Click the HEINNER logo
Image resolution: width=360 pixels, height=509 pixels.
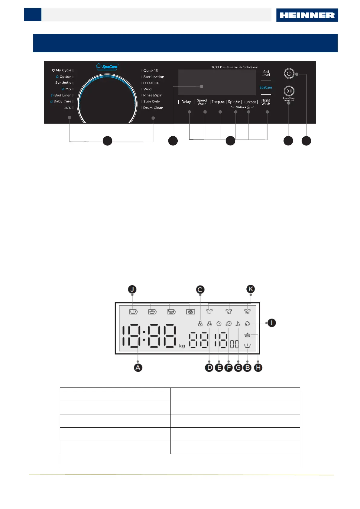307,15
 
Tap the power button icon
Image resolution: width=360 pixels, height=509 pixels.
289,73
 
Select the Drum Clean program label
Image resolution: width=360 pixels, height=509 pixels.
153,108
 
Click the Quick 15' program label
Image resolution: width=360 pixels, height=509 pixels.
151,70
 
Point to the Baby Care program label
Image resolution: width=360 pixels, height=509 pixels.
62,101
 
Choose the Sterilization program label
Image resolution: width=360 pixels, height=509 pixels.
154,77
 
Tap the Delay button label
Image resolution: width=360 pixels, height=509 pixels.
186,102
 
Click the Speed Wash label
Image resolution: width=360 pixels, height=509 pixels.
202,102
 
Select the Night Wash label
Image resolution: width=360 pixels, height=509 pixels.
266,102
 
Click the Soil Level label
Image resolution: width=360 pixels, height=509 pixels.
266,73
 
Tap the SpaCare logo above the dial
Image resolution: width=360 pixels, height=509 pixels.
107,66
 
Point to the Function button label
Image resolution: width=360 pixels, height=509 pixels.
250,102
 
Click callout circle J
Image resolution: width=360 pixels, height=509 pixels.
132,289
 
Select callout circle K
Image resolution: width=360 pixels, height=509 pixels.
250,289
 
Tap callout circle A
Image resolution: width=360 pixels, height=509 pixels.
138,368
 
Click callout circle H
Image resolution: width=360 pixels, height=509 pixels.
258,368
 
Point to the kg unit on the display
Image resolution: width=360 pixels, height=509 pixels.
182,346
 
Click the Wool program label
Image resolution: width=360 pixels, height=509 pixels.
148,89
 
